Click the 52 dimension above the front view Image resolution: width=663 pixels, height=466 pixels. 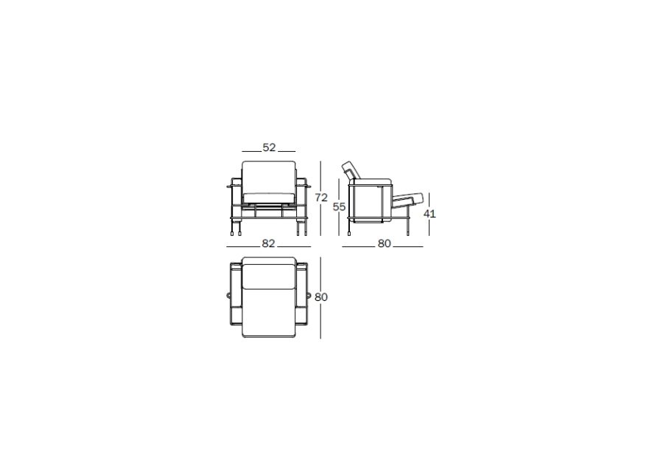[269, 147]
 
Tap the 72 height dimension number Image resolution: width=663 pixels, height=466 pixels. [321, 198]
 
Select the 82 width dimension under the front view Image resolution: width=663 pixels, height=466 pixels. [268, 243]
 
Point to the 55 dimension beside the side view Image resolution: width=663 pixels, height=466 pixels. [339, 207]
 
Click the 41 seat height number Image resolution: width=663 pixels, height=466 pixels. [429, 214]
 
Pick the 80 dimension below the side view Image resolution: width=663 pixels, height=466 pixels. [385, 243]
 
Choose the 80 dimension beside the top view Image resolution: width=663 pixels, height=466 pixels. [321, 297]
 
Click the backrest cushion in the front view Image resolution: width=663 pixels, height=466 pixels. [268, 176]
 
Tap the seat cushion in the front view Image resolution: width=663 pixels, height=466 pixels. [268, 198]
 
